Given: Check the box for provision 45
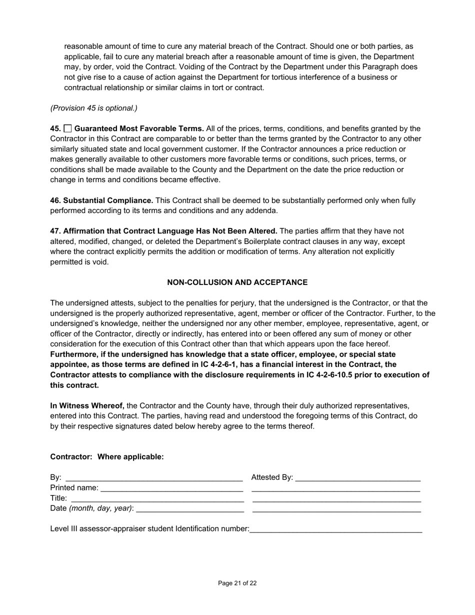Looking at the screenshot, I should tap(68, 128).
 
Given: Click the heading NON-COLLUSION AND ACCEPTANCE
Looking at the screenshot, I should tap(237, 282).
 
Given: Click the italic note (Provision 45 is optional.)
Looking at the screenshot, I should tap(93, 108).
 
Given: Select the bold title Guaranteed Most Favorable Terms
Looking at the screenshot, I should tap(139, 128).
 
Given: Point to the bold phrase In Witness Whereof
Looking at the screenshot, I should tap(87, 405).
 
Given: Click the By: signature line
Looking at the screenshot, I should tap(154, 478).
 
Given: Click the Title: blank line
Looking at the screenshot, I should tap(157, 498).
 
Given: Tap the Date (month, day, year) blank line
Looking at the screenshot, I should tap(189, 509).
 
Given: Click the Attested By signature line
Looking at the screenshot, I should tap(358, 478).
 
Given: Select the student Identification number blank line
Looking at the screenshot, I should tap(335, 529).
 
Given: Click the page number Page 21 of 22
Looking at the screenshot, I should tap(237, 583).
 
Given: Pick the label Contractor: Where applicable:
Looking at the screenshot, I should tap(107, 457).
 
